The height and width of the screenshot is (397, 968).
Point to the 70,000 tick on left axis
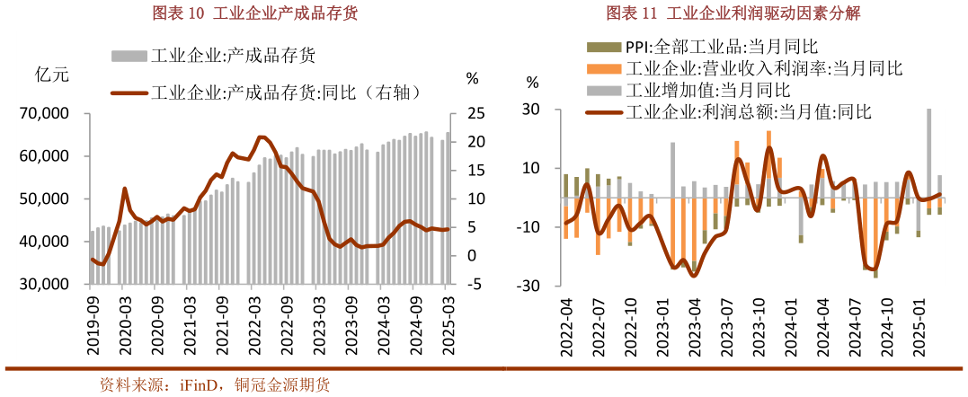pos(44,114)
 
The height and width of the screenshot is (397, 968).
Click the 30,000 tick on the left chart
pos(44,285)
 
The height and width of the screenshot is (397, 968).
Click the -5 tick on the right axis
pos(475,285)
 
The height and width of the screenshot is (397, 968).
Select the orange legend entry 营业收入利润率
pos(763,68)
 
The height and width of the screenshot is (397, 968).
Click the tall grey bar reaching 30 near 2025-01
pos(928,153)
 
